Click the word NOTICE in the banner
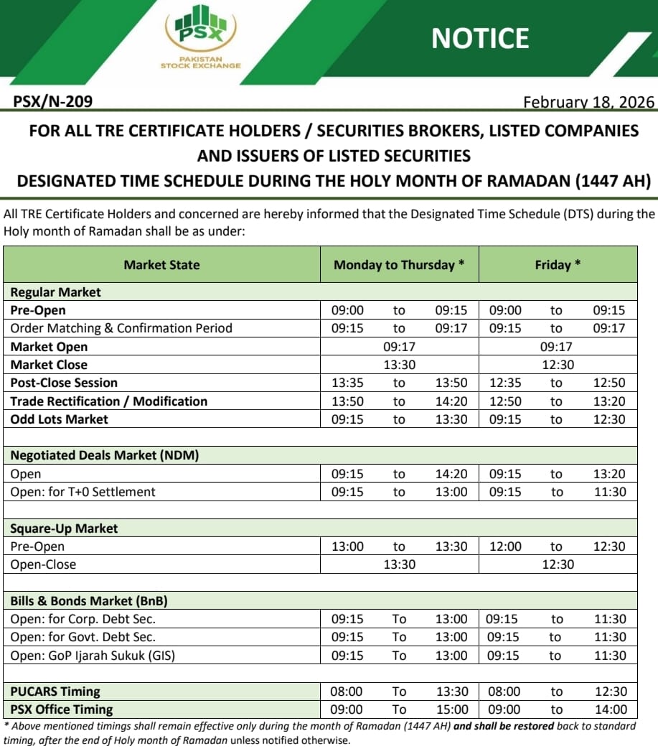point(480,38)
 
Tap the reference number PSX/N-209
point(53,102)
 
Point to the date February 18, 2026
point(588,102)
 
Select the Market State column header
point(161,265)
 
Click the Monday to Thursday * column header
point(399,265)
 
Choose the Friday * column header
point(558,265)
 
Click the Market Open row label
point(49,347)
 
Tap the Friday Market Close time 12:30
point(558,365)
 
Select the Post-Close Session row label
point(64,383)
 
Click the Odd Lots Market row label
point(59,419)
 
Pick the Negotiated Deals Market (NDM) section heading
point(104,455)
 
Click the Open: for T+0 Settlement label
point(83,492)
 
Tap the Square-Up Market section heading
point(64,529)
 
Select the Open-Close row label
point(43,564)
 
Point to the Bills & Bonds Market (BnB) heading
point(89,601)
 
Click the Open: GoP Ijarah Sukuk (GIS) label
point(93,656)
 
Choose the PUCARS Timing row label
point(55,692)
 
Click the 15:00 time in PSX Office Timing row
point(451,709)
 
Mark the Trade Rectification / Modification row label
point(108,401)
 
